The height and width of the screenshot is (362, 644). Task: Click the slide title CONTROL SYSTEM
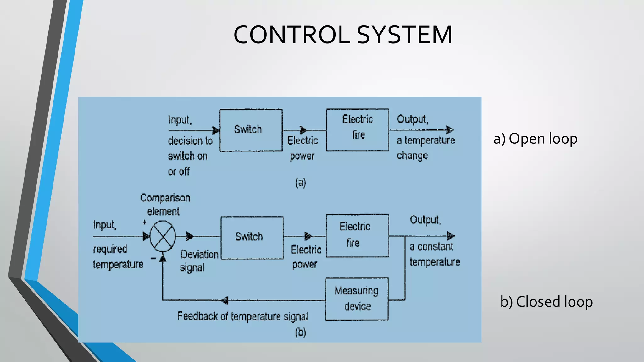point(343,35)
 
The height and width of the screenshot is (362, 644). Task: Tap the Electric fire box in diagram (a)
point(358,130)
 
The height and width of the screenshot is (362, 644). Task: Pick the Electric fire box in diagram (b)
point(358,236)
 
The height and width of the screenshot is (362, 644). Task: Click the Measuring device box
point(357,299)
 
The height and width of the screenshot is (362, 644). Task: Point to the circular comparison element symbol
point(163,236)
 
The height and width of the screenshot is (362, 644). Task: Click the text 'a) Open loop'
point(535,139)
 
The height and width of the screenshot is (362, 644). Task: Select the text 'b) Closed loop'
point(546,302)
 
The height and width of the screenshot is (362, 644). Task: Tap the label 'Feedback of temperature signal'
point(242,316)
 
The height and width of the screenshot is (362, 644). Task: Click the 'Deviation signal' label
point(199,261)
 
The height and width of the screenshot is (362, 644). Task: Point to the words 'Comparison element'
point(165,205)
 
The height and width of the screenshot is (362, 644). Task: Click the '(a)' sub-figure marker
point(300,183)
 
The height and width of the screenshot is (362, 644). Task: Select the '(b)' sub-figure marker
point(300,332)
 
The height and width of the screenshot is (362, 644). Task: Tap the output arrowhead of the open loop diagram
point(450,130)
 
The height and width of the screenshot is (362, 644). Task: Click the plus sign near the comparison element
point(144,222)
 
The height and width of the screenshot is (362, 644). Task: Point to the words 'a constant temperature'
point(434,254)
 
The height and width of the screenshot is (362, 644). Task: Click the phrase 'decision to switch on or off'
point(190,156)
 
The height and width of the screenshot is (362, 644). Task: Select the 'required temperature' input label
point(118,257)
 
